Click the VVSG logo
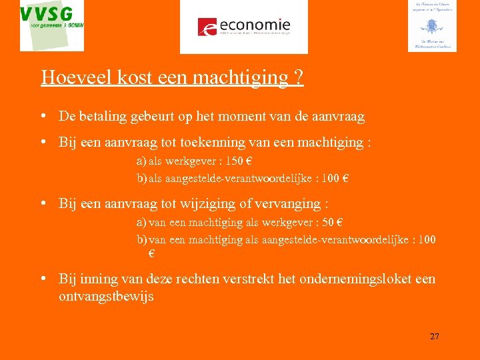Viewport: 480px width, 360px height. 52,25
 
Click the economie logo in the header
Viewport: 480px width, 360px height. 244,27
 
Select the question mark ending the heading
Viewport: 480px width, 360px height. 299,77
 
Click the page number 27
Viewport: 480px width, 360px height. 435,337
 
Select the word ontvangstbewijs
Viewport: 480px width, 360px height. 106,297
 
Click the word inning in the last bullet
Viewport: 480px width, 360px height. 97,279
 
